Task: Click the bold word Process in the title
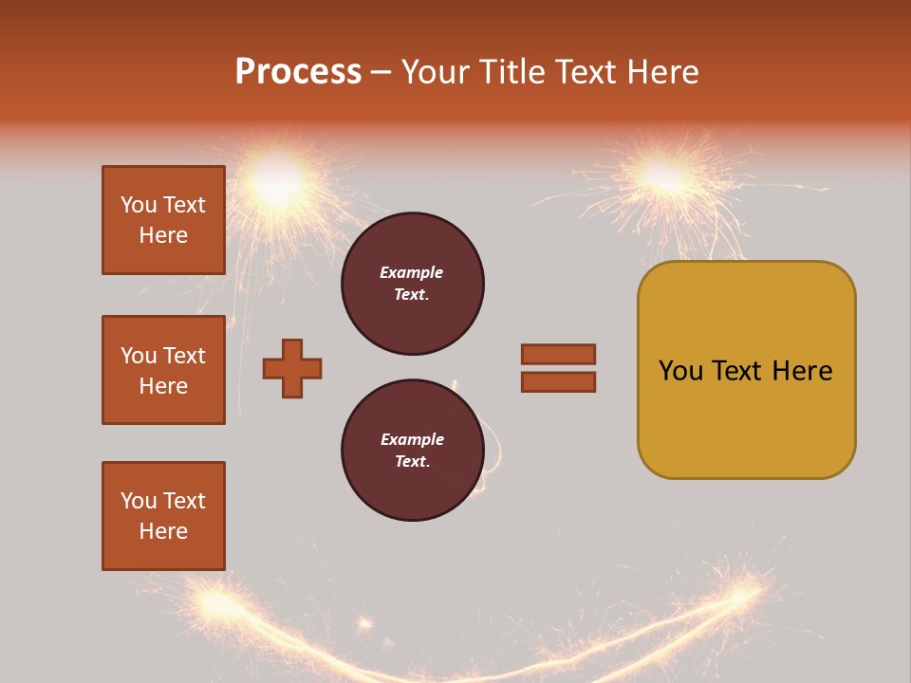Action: (298, 72)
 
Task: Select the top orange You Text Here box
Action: (163, 220)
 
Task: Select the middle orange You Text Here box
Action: (163, 370)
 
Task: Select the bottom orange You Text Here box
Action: (163, 516)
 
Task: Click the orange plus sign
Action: (292, 368)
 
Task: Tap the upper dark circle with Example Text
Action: (412, 284)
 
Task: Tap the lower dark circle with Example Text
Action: (412, 450)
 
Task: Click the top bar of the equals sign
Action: (558, 354)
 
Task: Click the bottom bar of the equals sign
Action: (558, 382)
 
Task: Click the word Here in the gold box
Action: (802, 371)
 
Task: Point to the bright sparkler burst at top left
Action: (277, 182)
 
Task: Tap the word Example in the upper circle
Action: (412, 272)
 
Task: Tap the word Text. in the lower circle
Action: (412, 462)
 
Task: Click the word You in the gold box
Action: (680, 371)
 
